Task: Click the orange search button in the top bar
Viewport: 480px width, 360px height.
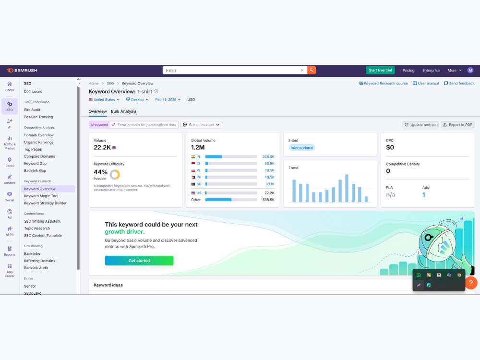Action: (312, 71)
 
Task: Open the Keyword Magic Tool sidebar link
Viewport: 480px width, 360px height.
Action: (41, 196)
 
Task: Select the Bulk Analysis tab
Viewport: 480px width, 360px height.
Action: (124, 111)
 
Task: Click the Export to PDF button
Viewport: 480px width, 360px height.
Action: (457, 125)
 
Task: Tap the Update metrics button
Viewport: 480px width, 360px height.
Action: (420, 125)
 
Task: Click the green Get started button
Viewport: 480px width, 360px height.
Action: (139, 261)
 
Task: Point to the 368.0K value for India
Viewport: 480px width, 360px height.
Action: (268, 157)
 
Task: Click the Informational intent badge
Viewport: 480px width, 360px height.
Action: (301, 148)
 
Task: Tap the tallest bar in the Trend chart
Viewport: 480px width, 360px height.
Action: (347, 188)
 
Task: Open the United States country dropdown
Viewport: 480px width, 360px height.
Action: (104, 100)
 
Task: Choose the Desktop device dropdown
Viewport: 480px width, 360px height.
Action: (137, 100)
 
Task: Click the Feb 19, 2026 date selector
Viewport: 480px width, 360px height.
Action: (168, 100)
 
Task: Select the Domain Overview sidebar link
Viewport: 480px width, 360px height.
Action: (39, 135)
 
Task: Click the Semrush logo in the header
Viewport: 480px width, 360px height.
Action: (22, 71)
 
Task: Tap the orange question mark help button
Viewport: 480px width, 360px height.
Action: (471, 283)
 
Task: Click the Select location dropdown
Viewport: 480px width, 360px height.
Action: (202, 125)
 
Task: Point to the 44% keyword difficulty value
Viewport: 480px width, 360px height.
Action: (100, 172)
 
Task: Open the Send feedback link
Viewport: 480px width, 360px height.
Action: (459, 83)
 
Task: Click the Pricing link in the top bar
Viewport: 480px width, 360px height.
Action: (408, 71)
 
